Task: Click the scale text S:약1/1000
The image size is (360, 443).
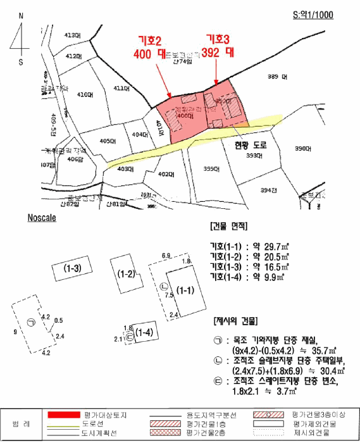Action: tap(312, 15)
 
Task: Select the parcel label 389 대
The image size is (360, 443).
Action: tap(277, 77)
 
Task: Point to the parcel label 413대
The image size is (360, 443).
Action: tap(73, 35)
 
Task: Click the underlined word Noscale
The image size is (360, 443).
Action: tap(42, 217)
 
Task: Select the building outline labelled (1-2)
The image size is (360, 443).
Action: tap(125, 274)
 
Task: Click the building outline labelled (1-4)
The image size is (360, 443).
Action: tap(144, 332)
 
